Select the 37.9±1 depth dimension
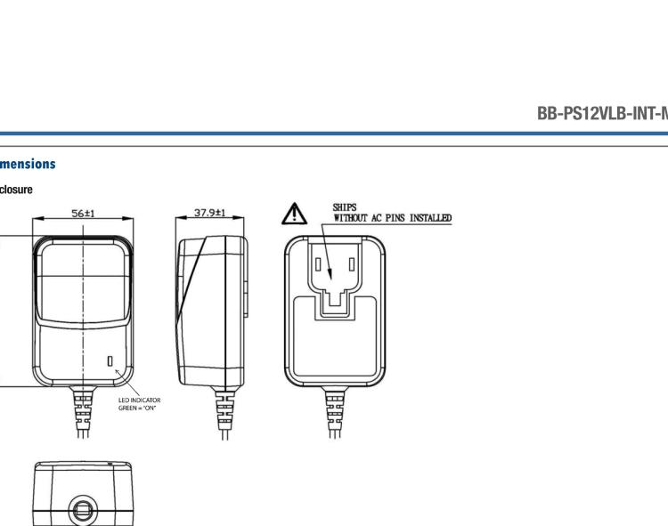pyautogui.click(x=210, y=214)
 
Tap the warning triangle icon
pyautogui.click(x=295, y=214)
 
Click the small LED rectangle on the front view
pyautogui.click(x=110, y=360)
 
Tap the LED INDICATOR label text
pyautogui.click(x=140, y=401)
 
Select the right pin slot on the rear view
pyautogui.click(x=352, y=265)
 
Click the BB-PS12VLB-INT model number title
pyautogui.click(x=602, y=114)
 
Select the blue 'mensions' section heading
pyautogui.click(x=28, y=164)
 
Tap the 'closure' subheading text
pyautogui.click(x=17, y=190)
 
